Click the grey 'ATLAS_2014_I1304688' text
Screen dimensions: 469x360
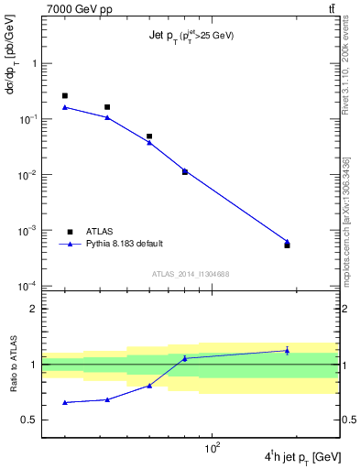click(191, 274)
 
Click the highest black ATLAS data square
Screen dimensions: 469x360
click(65, 95)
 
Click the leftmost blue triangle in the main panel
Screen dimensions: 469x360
click(65, 107)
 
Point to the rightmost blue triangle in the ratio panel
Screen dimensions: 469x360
click(287, 350)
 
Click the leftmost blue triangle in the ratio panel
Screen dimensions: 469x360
click(65, 402)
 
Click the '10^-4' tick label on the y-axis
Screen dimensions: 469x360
click(28, 286)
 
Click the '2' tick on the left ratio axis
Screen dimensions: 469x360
click(34, 309)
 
